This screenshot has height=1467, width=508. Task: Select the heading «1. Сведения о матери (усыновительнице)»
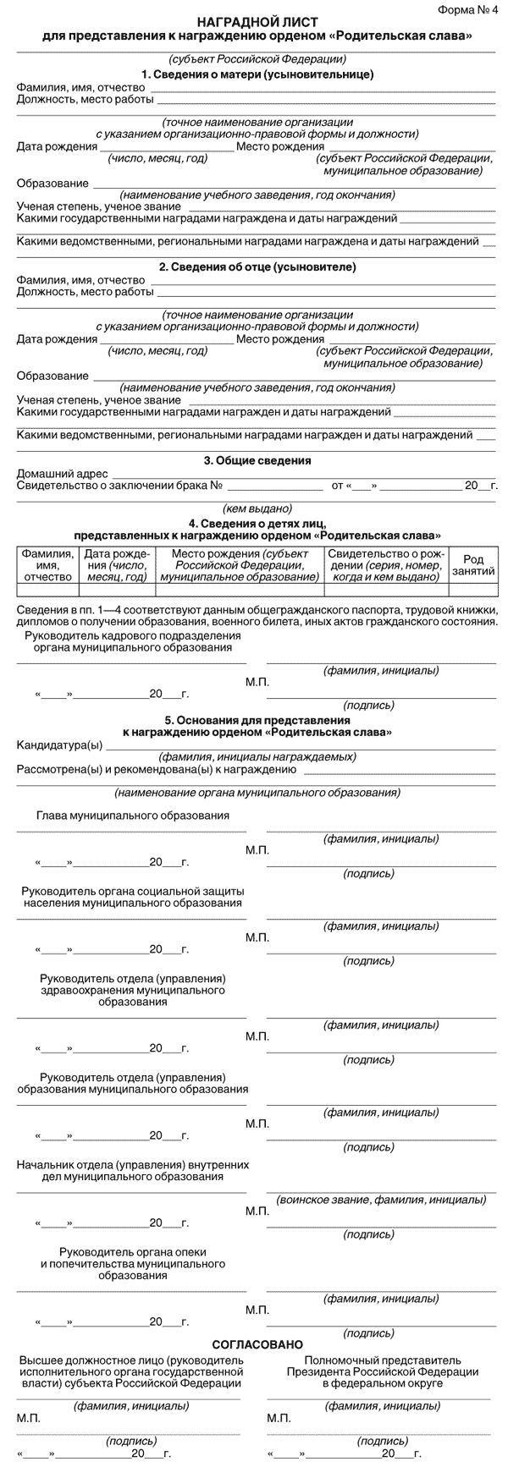(x=257, y=74)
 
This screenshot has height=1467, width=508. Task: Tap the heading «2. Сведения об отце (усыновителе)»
(x=257, y=267)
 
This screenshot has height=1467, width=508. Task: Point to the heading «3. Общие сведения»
(x=257, y=461)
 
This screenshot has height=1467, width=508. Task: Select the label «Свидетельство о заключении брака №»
(x=119, y=486)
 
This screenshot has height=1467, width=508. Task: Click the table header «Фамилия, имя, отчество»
(x=47, y=564)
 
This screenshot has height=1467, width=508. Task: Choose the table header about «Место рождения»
(x=240, y=564)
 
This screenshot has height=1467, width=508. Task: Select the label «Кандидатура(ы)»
(x=59, y=744)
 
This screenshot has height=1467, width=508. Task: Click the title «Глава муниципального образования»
(x=133, y=815)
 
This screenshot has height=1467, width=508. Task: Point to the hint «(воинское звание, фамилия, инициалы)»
(x=381, y=1200)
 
